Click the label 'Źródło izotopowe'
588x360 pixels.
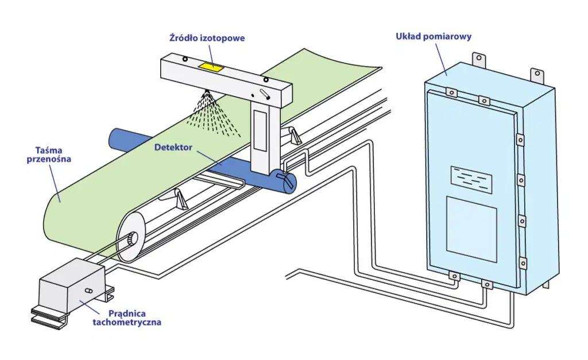click(x=207, y=38)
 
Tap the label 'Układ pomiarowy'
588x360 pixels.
click(x=434, y=36)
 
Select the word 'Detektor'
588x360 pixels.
click(x=173, y=148)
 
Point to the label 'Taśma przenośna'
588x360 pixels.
click(x=49, y=154)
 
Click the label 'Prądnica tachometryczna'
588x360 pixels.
click(x=127, y=318)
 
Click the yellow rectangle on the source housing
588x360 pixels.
click(x=211, y=67)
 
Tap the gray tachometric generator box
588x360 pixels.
click(x=71, y=285)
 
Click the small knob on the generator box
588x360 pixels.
click(x=89, y=291)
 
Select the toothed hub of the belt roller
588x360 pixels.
click(x=131, y=238)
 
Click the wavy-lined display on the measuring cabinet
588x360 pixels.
click(x=471, y=180)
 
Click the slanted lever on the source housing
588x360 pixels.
click(x=265, y=94)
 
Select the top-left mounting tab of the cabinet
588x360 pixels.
click(x=478, y=59)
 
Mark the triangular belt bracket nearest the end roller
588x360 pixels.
click(x=180, y=199)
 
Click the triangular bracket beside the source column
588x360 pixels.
click(x=295, y=136)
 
